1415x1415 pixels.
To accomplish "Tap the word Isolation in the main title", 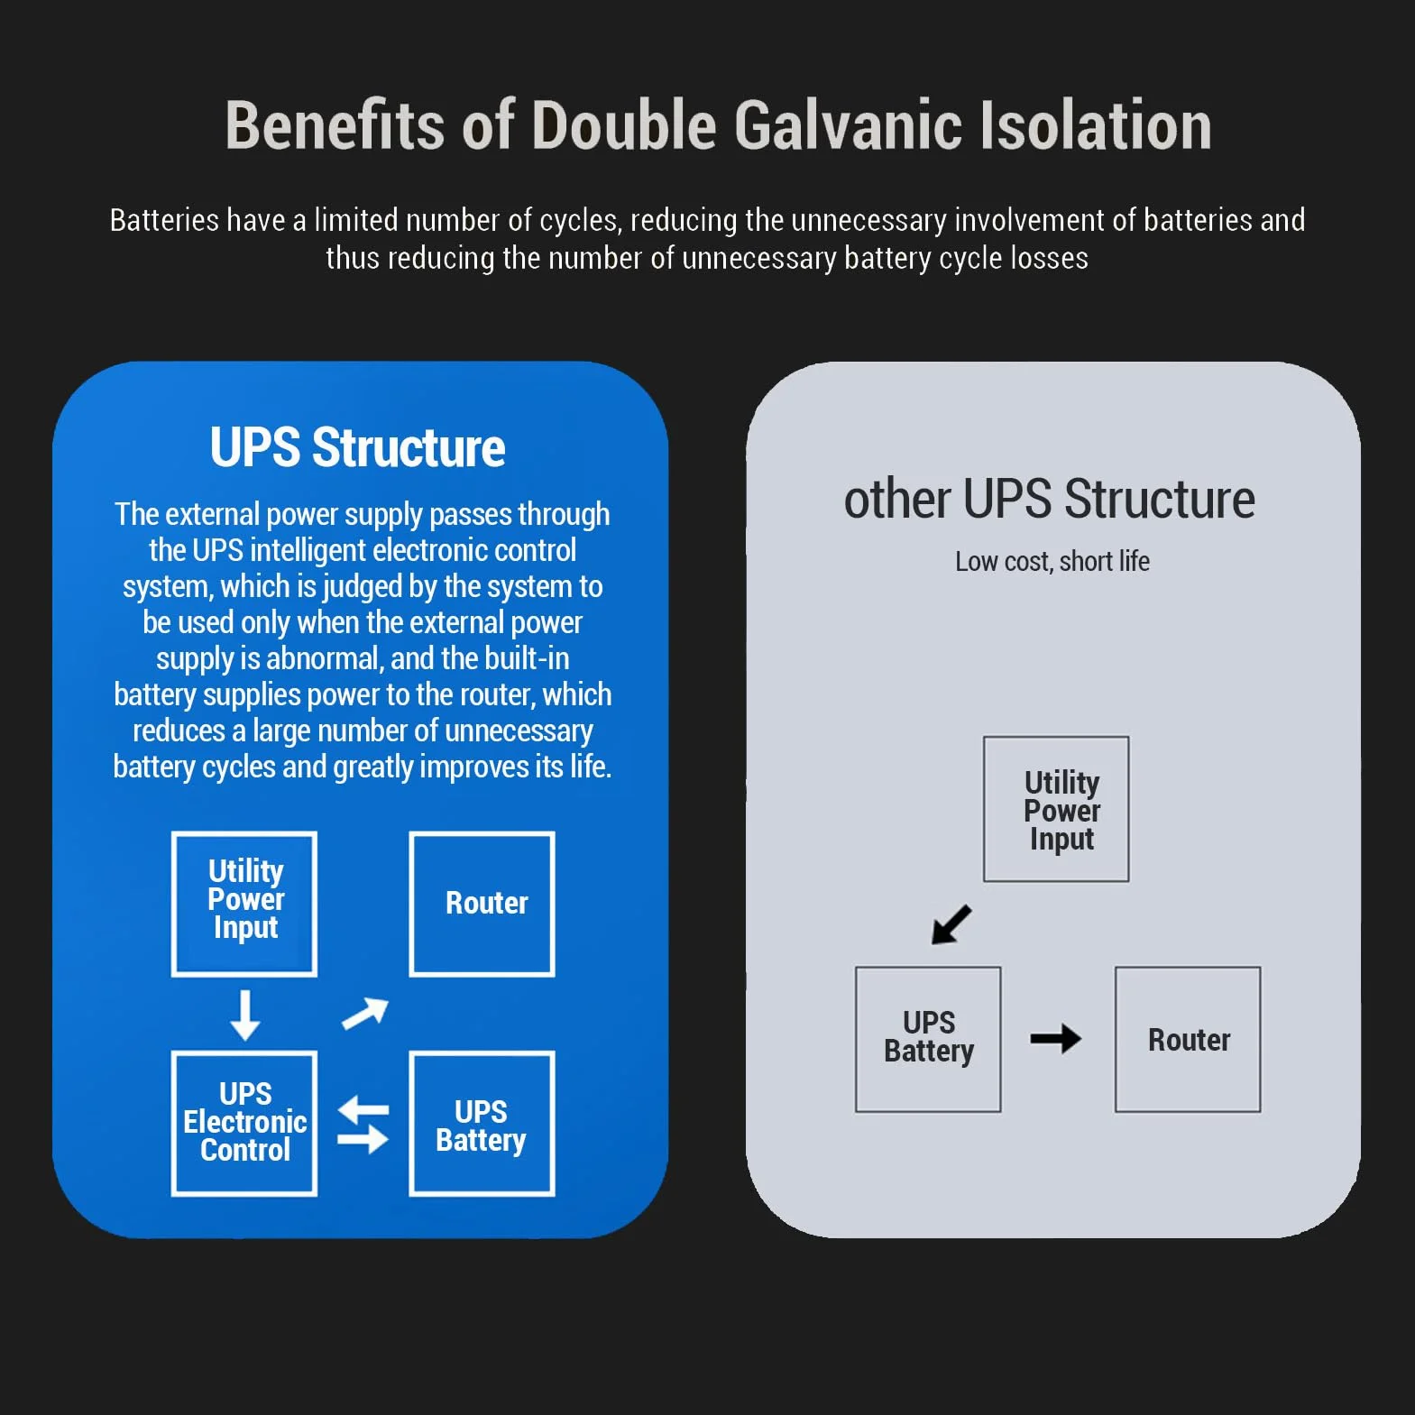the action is pyautogui.click(x=1096, y=124).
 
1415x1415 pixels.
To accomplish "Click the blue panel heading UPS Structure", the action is pyautogui.click(x=358, y=447).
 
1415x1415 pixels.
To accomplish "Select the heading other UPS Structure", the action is pyautogui.click(x=1049, y=499).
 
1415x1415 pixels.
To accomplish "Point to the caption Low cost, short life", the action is pyautogui.click(x=1052, y=561).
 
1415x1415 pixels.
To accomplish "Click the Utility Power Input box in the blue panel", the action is pyautogui.click(x=244, y=904).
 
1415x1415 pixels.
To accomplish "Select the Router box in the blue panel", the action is pyautogui.click(x=482, y=904).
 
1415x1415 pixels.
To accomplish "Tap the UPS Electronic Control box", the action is pyautogui.click(x=244, y=1124).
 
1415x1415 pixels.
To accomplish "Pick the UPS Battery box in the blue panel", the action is pyautogui.click(x=482, y=1124).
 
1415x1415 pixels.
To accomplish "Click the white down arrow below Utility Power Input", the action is pyautogui.click(x=244, y=1015).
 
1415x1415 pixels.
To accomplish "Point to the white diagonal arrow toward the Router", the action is pyautogui.click(x=365, y=1015).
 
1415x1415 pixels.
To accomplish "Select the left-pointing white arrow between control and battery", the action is pyautogui.click(x=363, y=1110).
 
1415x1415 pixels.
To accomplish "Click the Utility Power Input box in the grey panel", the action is pyautogui.click(x=1056, y=809).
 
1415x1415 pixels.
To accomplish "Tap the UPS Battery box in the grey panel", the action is pyautogui.click(x=928, y=1040).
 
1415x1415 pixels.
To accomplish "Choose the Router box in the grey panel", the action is pyautogui.click(x=1188, y=1040).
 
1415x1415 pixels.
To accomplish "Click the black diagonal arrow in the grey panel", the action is pyautogui.click(x=951, y=924).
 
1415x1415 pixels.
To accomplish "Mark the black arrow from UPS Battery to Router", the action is pyautogui.click(x=1056, y=1039).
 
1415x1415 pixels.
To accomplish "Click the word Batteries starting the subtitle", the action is pyautogui.click(x=165, y=220).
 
